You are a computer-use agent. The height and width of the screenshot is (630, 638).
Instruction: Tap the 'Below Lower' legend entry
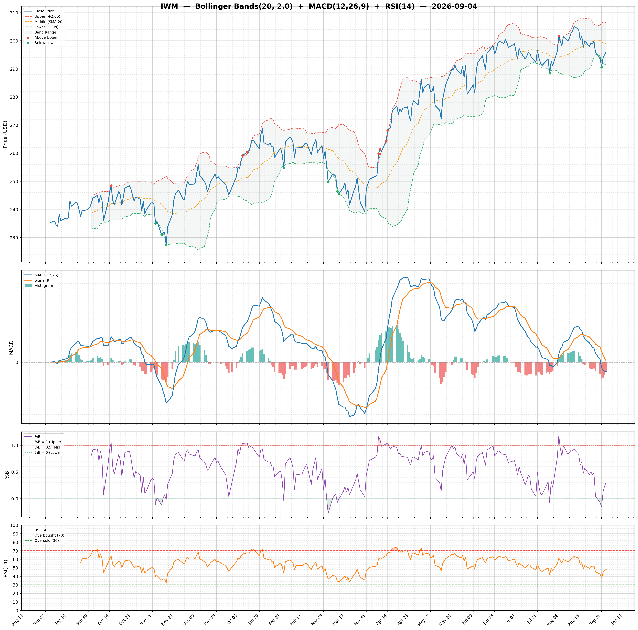click(46, 43)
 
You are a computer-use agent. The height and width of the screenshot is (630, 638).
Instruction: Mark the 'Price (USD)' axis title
click(5, 134)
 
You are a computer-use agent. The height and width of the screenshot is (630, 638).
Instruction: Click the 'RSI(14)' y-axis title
click(5, 568)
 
